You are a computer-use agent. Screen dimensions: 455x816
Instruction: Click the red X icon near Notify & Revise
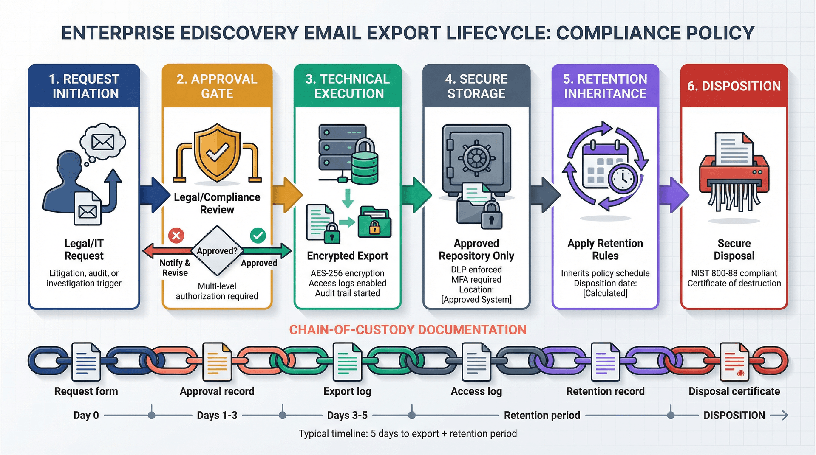click(176, 235)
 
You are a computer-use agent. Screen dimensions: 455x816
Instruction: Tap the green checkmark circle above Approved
click(258, 235)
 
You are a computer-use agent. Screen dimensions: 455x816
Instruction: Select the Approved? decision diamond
click(217, 251)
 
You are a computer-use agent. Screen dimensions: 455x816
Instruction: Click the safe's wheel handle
click(476, 158)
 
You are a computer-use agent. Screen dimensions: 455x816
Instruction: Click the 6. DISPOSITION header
click(734, 86)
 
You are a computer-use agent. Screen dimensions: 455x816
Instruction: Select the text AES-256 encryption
click(347, 273)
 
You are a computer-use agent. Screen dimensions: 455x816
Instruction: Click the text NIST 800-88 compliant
click(734, 273)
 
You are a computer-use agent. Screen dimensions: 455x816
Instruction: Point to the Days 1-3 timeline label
click(217, 416)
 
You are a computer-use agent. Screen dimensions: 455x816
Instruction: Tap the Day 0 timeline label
click(86, 416)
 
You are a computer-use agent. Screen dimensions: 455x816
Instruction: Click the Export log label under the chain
click(347, 391)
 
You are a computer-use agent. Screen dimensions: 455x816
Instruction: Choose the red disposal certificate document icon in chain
click(734, 362)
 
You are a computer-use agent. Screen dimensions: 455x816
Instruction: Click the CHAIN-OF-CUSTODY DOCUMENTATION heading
click(408, 330)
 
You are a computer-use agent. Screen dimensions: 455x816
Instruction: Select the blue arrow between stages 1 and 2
click(154, 195)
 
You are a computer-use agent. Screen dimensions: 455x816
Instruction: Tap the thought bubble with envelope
click(103, 142)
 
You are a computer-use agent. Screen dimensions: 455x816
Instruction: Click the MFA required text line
click(476, 280)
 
